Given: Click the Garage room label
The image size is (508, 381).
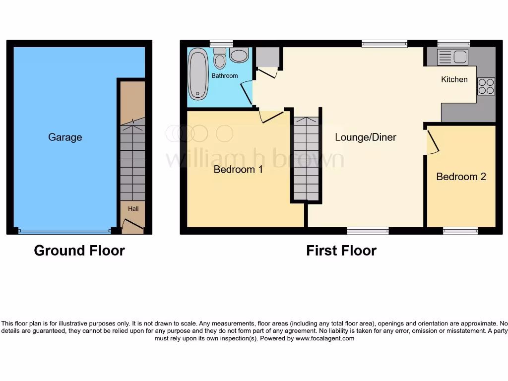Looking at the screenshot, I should click(x=65, y=137).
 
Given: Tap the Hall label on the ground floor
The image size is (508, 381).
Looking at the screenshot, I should click(x=133, y=209).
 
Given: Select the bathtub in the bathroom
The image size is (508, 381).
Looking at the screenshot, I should click(x=198, y=73).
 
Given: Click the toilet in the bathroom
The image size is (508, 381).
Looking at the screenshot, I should click(x=220, y=59).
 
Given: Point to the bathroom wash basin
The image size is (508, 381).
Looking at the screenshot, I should click(x=239, y=55).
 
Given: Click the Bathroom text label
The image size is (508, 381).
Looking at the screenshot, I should click(x=225, y=76).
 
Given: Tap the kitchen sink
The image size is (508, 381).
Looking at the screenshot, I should click(x=453, y=57).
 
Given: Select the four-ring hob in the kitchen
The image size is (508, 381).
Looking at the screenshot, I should click(x=486, y=86).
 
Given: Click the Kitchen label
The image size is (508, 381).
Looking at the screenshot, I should click(x=454, y=79).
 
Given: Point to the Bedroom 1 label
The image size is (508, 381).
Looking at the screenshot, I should click(x=238, y=170).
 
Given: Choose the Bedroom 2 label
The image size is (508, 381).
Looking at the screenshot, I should click(x=461, y=177).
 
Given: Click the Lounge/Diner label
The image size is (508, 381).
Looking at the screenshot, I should click(x=366, y=137).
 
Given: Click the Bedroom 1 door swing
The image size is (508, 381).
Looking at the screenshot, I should click(x=270, y=116).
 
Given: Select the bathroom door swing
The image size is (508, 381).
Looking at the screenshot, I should click(x=247, y=92).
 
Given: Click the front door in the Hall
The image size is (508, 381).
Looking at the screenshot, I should click(x=132, y=227).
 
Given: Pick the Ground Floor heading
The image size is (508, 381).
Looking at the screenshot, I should click(x=79, y=251).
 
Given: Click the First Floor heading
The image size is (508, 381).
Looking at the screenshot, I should click(x=341, y=251).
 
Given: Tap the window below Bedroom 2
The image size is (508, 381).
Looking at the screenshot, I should click(x=460, y=230).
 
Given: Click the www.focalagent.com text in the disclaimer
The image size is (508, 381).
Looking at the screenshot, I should click(x=325, y=338).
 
